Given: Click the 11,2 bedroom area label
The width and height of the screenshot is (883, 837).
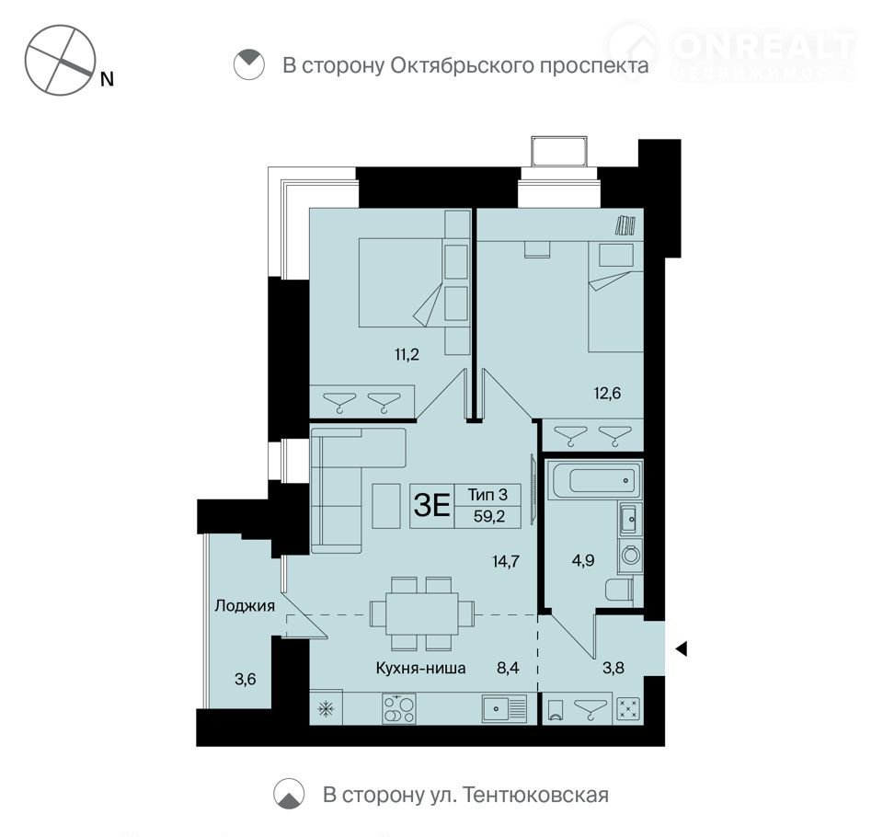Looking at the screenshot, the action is (x=407, y=355).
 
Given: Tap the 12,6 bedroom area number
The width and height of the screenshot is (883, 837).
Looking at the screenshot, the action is (x=607, y=393).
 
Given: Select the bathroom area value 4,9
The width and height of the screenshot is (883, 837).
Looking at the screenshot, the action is (x=583, y=560).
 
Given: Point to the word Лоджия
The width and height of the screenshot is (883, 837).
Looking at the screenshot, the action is (x=245, y=606).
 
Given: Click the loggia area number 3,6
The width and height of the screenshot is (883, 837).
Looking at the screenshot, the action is (x=245, y=680).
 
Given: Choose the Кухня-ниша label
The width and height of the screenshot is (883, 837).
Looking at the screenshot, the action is (x=420, y=668).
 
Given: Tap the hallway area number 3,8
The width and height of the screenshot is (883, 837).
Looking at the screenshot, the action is (x=614, y=668).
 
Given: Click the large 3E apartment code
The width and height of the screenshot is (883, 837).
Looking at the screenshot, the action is (x=431, y=505).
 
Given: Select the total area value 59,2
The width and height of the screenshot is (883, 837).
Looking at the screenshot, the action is (x=488, y=516).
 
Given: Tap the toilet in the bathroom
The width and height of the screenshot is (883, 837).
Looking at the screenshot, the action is (x=619, y=590).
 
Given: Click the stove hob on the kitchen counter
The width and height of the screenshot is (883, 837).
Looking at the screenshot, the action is (x=398, y=708).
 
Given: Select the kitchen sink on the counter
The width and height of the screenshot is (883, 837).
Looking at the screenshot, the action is (x=504, y=708).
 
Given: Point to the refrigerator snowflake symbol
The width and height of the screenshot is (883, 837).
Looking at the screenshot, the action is (x=326, y=708).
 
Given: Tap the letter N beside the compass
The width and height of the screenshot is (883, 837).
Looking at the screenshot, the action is (x=107, y=79).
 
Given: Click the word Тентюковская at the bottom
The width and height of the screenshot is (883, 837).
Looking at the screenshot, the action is (x=537, y=795).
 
